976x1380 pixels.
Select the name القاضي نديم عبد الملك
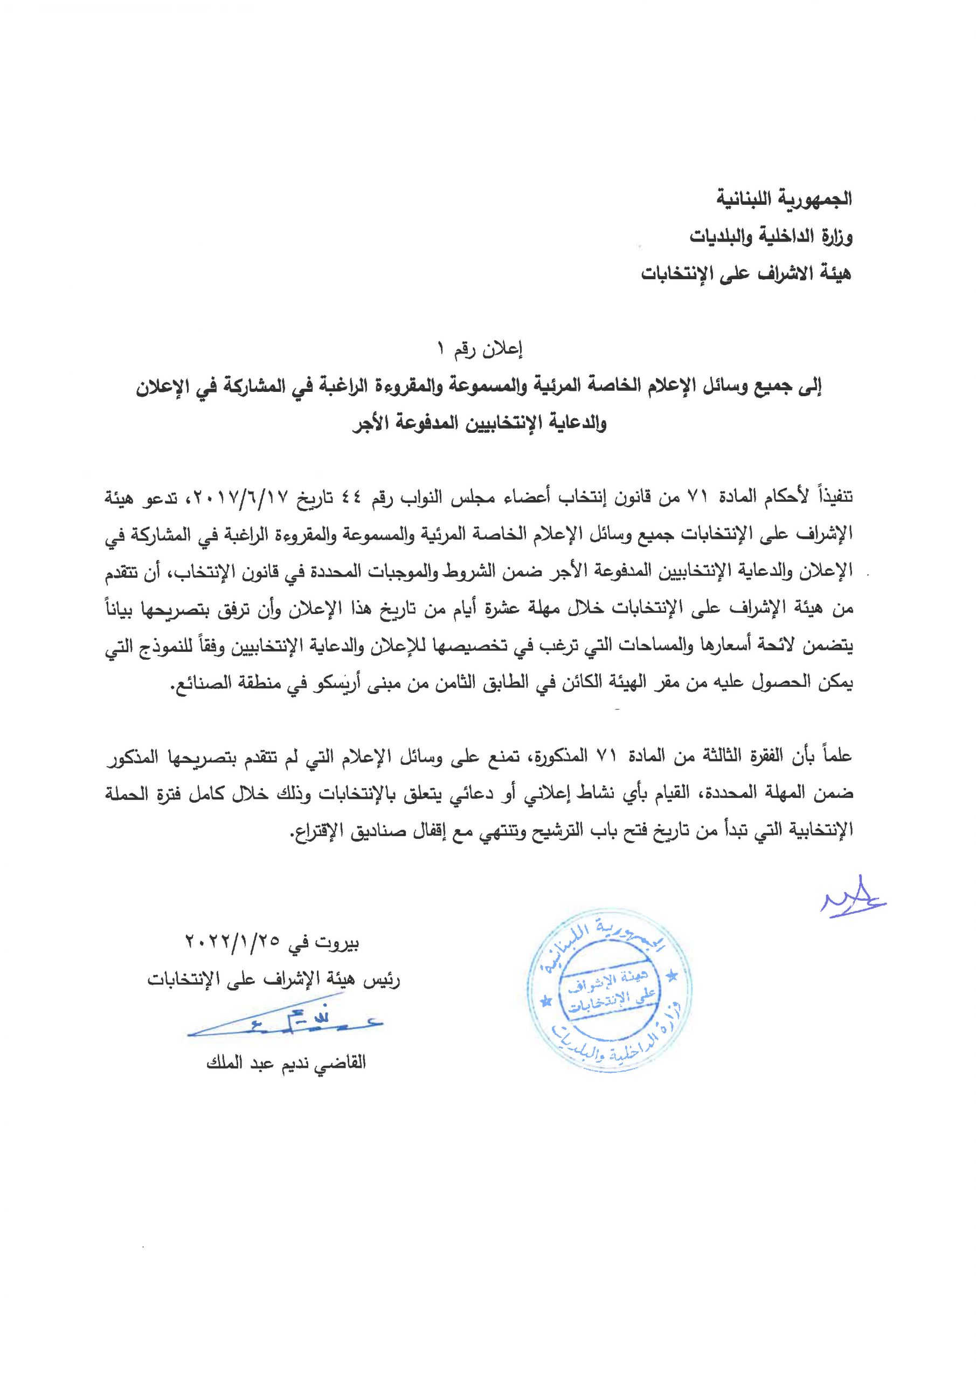(286, 1062)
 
